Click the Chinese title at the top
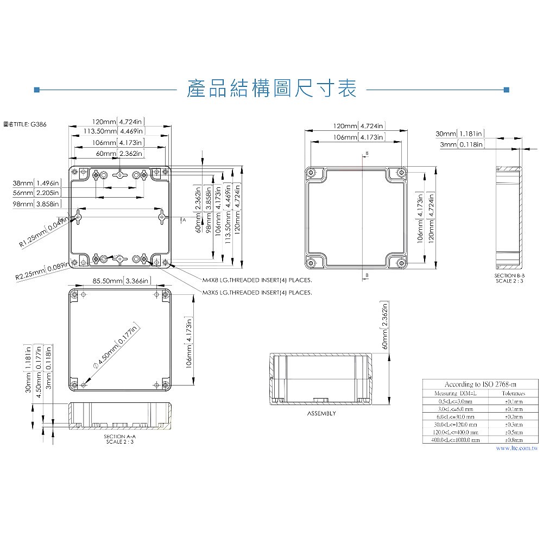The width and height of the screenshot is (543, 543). point(271,89)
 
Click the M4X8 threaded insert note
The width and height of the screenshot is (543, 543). point(257,280)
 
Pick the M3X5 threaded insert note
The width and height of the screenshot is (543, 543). point(257,293)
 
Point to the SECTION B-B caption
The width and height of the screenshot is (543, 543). point(510,279)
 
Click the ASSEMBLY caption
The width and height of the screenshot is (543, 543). point(321,413)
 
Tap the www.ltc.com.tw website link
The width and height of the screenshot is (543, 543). point(516,449)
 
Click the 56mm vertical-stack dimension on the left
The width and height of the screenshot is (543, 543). point(36,193)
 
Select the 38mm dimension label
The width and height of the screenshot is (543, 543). point(36,183)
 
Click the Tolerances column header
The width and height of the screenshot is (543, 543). point(513,393)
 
